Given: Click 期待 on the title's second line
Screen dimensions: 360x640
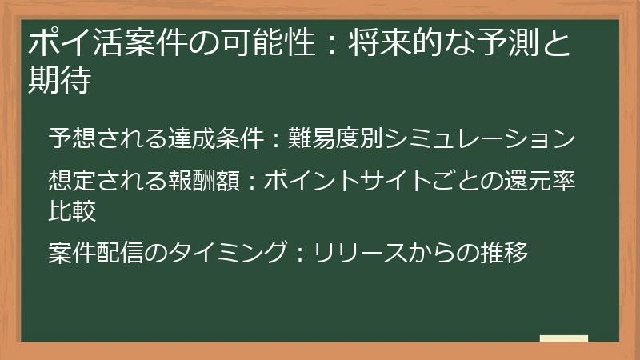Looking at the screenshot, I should point(58,81).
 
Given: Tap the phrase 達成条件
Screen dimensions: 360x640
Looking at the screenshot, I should point(215,138).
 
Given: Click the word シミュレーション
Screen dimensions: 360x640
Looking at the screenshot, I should point(480,138).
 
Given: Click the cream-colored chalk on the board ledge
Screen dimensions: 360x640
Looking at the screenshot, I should point(564,338).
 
